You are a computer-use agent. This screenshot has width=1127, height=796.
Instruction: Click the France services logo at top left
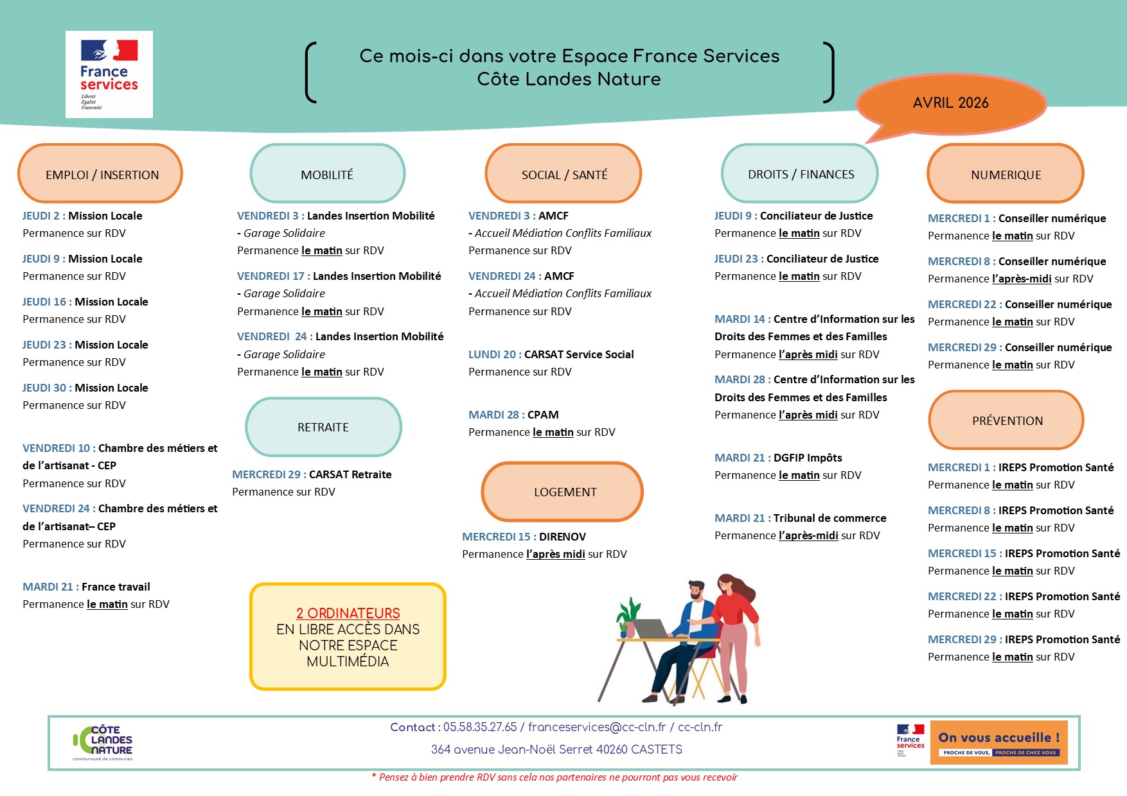pos(109,74)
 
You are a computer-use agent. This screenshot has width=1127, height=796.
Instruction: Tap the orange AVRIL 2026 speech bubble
pos(950,103)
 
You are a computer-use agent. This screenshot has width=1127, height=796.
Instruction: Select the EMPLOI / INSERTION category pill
pos(101,174)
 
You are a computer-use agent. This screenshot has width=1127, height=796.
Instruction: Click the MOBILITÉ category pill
pos(327,174)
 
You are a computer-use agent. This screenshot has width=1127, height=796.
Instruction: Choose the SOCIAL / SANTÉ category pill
pos(563,174)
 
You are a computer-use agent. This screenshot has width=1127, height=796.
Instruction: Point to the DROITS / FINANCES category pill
pos(800,174)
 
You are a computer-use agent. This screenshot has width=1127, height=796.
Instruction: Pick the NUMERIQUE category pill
pos(1006,174)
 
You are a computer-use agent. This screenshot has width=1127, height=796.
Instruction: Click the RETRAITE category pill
pos(323,427)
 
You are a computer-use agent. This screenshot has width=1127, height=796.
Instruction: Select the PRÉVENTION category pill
pos(1006,420)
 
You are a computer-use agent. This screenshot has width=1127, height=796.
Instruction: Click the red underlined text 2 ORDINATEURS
pos(348,613)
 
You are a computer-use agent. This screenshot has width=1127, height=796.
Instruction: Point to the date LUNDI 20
pos(492,354)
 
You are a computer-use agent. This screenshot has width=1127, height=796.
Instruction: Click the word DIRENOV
pos(562,537)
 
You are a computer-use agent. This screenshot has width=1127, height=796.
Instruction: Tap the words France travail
pos(116,587)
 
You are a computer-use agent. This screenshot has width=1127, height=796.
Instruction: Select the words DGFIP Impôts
pos(808,458)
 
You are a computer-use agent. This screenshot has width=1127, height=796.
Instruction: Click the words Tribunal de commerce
pos(830,518)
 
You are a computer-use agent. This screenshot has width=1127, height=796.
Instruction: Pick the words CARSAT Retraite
pos(350,474)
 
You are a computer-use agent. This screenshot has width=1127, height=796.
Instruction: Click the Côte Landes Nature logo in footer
pos(103,743)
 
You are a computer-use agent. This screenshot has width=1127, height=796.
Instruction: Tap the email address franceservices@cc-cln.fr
pos(597,727)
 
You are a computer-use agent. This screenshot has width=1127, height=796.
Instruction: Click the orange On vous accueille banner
pos(998,743)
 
